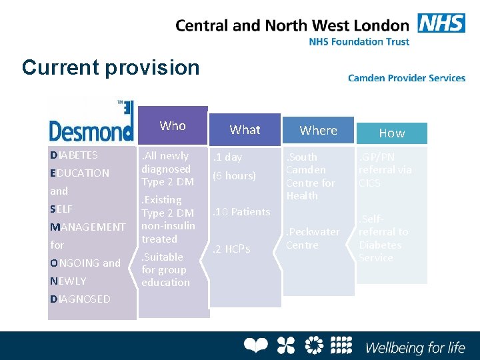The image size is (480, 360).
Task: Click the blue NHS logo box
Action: tap(441, 23)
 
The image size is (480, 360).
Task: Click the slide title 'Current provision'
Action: tap(111, 67)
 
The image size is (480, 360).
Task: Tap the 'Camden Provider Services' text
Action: tap(407, 78)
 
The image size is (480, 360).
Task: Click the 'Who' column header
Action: tap(173, 125)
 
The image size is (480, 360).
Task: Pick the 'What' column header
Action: tap(245, 130)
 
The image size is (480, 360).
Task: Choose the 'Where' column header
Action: tap(318, 130)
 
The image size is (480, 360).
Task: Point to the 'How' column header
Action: tap(392, 133)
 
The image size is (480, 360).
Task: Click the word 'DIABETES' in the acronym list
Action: tap(74, 155)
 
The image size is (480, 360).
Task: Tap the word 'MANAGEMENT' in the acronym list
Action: tap(87, 227)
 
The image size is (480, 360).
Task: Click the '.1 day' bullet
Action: tap(227, 157)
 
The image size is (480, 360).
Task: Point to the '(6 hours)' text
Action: tap(234, 176)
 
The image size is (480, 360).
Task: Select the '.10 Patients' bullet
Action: tap(241, 212)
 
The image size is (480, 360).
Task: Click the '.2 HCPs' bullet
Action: tap(231, 249)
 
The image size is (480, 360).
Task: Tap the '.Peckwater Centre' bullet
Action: tap(313, 239)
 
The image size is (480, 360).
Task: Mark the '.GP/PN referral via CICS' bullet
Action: tap(385, 170)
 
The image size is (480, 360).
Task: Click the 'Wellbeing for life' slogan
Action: tap(415, 347)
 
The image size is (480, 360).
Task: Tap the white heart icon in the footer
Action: tap(255, 345)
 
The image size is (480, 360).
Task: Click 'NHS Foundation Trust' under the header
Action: tap(359, 41)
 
